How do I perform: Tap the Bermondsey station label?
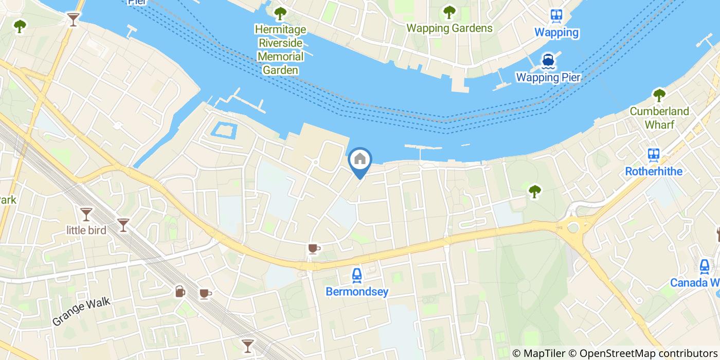click(x=357, y=292)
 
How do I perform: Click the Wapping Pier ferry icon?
click(x=548, y=62)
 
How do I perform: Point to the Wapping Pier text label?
click(x=548, y=78)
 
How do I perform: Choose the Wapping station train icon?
click(x=556, y=16)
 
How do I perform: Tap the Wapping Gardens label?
click(x=449, y=28)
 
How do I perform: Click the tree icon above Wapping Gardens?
click(x=449, y=11)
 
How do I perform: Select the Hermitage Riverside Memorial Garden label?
click(x=280, y=49)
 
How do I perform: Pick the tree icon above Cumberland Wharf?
click(x=659, y=95)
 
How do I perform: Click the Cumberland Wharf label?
click(x=659, y=118)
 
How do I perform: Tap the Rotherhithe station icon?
click(x=654, y=154)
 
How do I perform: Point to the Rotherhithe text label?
click(x=654, y=171)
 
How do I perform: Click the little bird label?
click(x=86, y=230)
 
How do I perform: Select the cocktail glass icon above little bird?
click(x=86, y=214)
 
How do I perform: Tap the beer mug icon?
click(x=179, y=292)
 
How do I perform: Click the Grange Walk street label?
click(x=81, y=312)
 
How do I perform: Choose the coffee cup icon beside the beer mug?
click(x=205, y=294)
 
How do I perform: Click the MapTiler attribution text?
click(x=539, y=353)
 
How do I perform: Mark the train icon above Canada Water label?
click(x=705, y=266)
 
